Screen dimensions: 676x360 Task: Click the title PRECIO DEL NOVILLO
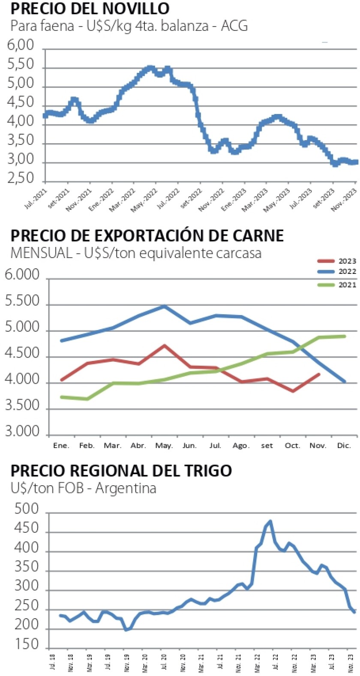(x=90, y=8)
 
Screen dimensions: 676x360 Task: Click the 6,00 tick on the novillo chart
(x=21, y=45)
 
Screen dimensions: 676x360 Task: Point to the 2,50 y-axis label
(x=21, y=178)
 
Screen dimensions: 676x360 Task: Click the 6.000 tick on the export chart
(x=22, y=275)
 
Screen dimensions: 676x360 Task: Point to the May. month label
(x=164, y=446)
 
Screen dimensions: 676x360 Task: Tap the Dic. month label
(x=344, y=446)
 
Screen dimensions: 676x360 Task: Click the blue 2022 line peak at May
(x=165, y=306)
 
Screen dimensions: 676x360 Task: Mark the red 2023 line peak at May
(x=165, y=345)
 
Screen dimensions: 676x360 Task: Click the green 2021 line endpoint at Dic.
(x=345, y=336)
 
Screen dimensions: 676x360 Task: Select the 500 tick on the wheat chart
(x=27, y=509)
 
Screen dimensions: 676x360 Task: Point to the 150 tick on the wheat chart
(x=27, y=644)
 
